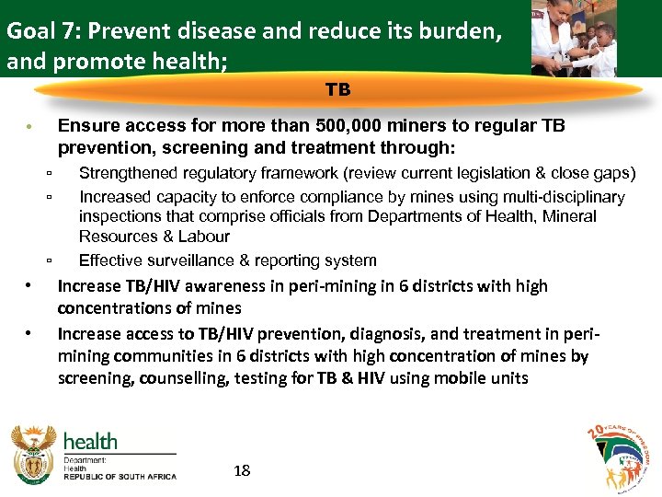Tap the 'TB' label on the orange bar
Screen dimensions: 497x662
(337, 90)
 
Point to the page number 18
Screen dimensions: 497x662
(243, 471)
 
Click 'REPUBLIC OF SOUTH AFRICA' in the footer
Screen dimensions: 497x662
(120, 477)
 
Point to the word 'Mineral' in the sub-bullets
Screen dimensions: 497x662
(570, 216)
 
